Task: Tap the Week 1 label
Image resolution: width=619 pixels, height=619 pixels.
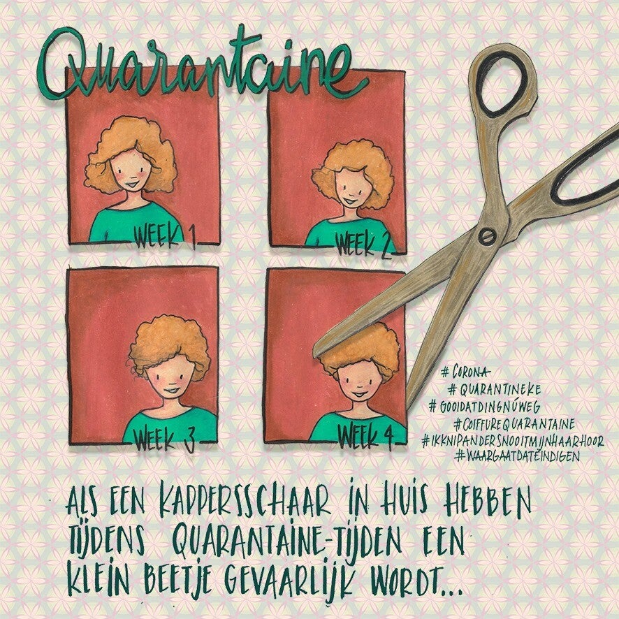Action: [165, 238]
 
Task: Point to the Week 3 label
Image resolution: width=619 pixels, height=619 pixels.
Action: [165, 440]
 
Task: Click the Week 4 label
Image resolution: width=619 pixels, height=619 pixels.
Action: [365, 437]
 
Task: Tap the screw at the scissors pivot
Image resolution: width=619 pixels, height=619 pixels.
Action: [487, 236]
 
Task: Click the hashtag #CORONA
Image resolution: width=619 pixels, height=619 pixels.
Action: [465, 372]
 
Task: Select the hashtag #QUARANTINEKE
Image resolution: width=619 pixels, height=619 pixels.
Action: [494, 390]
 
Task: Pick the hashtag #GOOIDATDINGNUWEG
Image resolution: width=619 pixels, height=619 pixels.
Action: [485, 406]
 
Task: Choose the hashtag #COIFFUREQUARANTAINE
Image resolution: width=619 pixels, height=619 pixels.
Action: [514, 424]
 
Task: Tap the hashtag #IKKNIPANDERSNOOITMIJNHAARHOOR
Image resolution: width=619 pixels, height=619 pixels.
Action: [512, 441]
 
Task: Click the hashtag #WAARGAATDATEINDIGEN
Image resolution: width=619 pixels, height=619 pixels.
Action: [517, 456]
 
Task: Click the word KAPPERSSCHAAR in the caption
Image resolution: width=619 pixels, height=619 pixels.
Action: [245, 503]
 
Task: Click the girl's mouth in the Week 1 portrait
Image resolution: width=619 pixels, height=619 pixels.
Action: [131, 184]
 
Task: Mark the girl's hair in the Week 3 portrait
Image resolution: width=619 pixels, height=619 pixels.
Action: [169, 347]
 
